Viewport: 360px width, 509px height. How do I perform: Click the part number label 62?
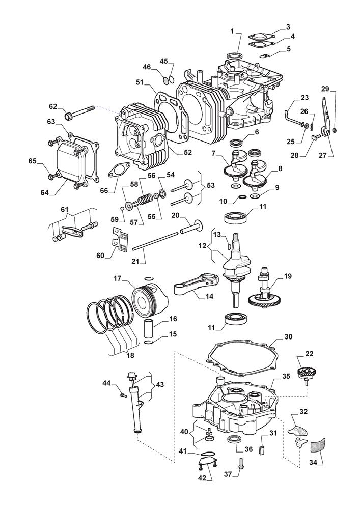click(53, 106)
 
